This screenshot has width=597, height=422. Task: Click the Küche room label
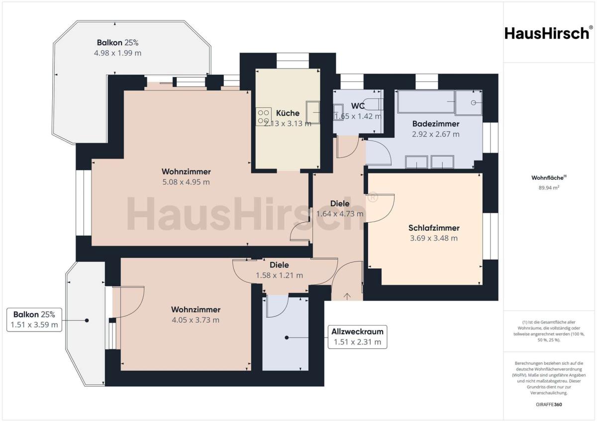point(288,113)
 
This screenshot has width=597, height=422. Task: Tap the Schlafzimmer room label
point(434,228)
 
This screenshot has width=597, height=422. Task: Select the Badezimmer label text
point(436,124)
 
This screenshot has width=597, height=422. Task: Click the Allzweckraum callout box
point(357,337)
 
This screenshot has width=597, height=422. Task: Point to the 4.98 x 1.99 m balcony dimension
point(117,53)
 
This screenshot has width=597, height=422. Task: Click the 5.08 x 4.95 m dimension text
point(186,182)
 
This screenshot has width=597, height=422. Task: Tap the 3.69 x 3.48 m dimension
point(434,238)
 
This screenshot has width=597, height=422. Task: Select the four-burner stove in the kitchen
point(264,117)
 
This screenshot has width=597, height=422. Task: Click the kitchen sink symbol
point(313,112)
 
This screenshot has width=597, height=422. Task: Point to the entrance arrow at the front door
point(347,296)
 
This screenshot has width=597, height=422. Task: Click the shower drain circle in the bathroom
point(473,102)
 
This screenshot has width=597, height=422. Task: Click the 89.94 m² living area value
point(549,188)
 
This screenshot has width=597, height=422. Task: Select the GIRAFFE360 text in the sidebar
point(549,405)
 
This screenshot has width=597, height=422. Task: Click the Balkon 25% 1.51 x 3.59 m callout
point(34,320)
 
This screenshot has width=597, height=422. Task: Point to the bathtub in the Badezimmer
point(426,101)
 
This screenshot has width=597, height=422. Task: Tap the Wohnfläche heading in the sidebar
point(549,177)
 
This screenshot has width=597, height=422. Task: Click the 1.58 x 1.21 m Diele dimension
point(279,275)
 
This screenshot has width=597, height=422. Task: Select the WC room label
point(358,106)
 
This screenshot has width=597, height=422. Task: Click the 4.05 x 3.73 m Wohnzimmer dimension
point(196,320)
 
